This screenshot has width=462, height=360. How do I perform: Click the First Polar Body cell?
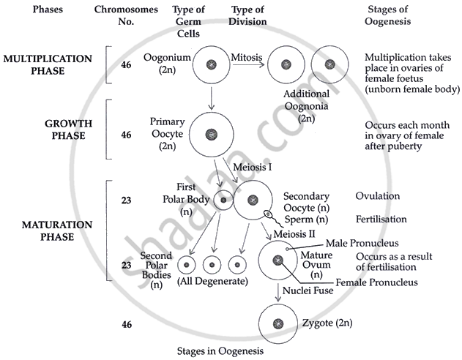[x=223, y=199]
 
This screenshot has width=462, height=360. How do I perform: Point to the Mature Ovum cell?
[x=279, y=260]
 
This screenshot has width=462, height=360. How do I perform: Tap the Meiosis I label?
[x=253, y=168]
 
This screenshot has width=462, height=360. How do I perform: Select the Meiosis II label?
[x=295, y=233]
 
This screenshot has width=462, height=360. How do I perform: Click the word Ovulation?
[x=377, y=197]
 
